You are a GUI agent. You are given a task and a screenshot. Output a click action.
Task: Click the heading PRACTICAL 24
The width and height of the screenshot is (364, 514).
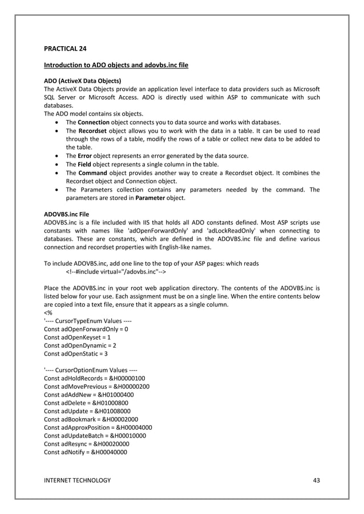click(x=66, y=50)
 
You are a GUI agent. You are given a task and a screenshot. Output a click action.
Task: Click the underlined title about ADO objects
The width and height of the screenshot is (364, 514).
click(x=116, y=66)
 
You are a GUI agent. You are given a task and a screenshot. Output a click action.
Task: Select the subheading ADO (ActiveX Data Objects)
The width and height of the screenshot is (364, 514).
click(x=83, y=81)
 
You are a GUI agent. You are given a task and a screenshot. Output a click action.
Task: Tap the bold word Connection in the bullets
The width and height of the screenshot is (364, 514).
click(x=94, y=123)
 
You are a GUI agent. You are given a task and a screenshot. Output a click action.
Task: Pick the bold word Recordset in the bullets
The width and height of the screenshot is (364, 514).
click(x=94, y=131)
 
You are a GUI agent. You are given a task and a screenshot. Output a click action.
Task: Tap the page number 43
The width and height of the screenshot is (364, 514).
click(x=317, y=480)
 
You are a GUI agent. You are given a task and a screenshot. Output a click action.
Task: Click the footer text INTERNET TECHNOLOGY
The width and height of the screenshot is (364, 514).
click(x=77, y=480)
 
